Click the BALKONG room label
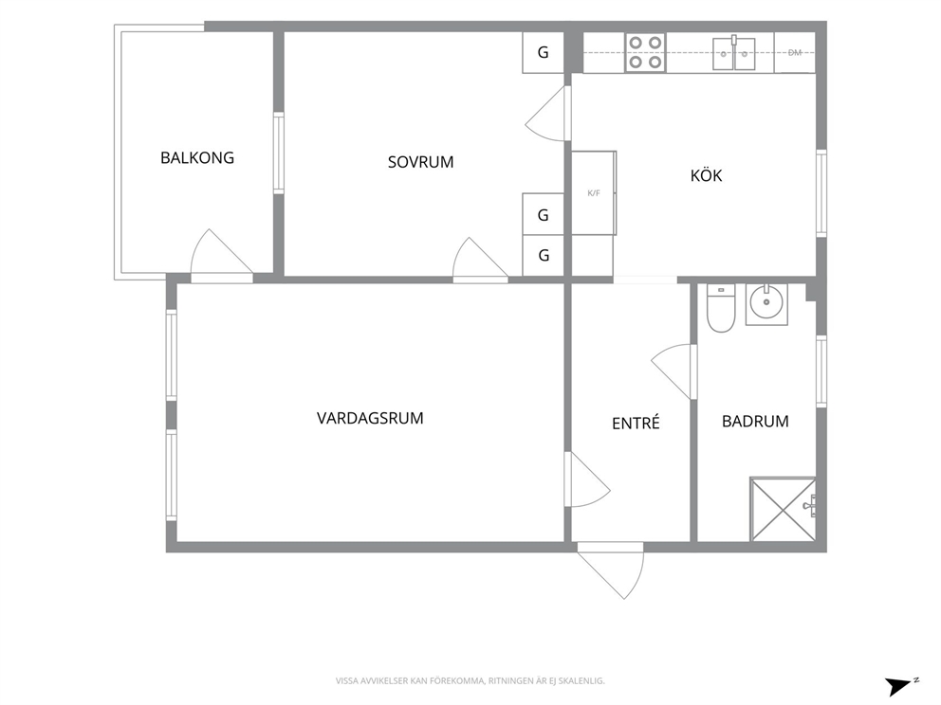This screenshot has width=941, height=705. (x=197, y=157)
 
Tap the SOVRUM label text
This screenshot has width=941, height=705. (x=420, y=162)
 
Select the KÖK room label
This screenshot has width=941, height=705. (x=706, y=175)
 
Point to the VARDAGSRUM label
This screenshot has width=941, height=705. (x=370, y=418)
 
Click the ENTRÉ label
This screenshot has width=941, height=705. (x=636, y=423)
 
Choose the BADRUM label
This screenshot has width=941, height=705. (x=755, y=422)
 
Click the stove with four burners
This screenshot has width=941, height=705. (x=645, y=53)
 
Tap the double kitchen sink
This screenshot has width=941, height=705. (x=734, y=53)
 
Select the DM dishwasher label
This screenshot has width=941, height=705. (x=795, y=53)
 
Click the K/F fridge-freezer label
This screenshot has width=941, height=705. (x=594, y=193)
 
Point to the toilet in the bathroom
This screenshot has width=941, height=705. (x=721, y=308)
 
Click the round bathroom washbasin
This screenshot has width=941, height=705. (x=766, y=304)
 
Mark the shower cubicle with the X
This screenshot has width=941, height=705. (x=784, y=509)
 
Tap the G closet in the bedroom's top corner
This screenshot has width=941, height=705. (x=544, y=52)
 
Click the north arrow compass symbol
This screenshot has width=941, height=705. (x=900, y=685)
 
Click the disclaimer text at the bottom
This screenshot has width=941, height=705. (x=470, y=681)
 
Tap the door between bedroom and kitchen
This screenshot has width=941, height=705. (x=540, y=114)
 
